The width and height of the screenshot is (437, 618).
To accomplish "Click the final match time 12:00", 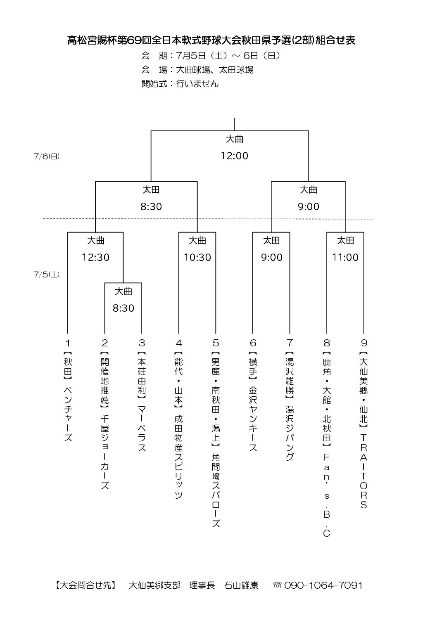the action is click(234, 156).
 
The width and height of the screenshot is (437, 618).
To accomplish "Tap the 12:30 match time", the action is click(95, 258).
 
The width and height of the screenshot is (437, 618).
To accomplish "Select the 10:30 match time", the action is click(197, 258).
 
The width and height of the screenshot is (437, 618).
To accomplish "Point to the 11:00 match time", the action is click(345, 258).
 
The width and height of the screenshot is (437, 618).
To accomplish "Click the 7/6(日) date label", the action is click(46, 156).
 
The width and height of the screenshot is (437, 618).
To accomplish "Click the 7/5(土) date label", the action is click(46, 274).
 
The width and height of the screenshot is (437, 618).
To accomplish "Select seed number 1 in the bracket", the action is click(68, 343).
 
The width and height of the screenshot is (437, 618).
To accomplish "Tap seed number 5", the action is click(216, 343).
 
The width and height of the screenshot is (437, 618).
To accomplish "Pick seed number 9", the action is click(364, 343).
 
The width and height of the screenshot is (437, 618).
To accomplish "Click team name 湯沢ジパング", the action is click(290, 433).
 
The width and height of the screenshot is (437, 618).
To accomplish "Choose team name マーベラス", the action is click(142, 428).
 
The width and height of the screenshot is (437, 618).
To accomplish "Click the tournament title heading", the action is click(211, 40).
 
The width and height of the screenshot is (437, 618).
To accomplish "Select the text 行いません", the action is click(197, 83).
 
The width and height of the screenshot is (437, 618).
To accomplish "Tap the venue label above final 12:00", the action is click(234, 139).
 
